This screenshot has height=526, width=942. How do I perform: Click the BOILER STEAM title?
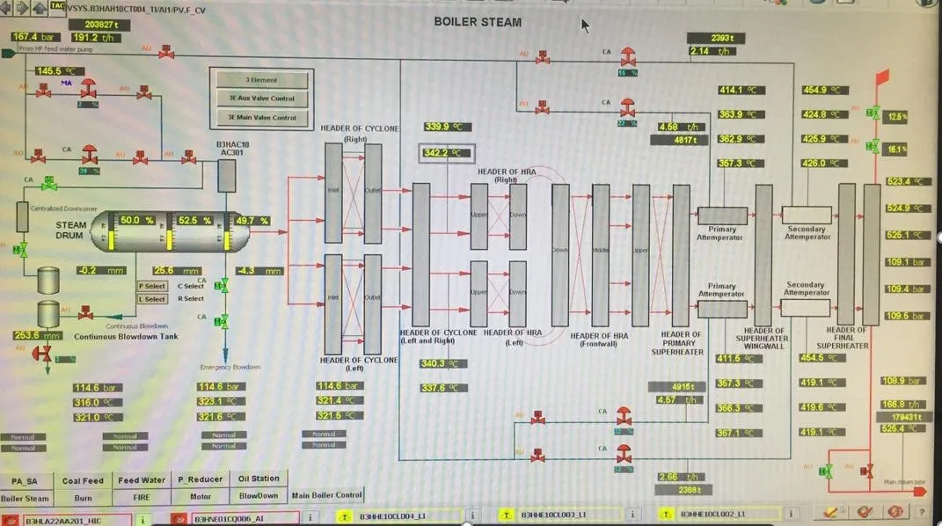478,22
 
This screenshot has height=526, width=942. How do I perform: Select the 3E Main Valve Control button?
262,118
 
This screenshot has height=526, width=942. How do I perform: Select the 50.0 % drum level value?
137,221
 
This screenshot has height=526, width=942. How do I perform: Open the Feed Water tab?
142,480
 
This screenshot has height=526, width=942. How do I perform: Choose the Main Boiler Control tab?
326,495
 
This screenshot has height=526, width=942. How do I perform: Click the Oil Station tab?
259,479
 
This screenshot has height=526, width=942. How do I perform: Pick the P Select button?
152,286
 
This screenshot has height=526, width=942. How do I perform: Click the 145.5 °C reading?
58,71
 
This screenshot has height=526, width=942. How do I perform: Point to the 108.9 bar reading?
903,381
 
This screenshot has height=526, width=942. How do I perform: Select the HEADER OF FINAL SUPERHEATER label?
847,338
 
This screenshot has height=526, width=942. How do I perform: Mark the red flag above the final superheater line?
882,77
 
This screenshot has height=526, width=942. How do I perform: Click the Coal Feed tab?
83,480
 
